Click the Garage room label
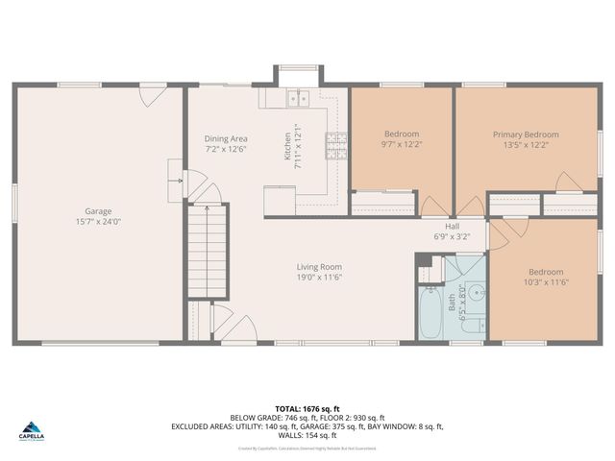98,211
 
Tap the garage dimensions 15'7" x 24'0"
98,222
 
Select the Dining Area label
226,138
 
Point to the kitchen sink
296,97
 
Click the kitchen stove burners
337,145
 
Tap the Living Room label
318,267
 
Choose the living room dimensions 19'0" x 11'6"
318,278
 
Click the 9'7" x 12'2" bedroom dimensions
401,145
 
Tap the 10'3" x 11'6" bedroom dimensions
546,282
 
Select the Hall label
452,226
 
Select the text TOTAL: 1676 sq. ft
307,407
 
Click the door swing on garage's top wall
151,95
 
